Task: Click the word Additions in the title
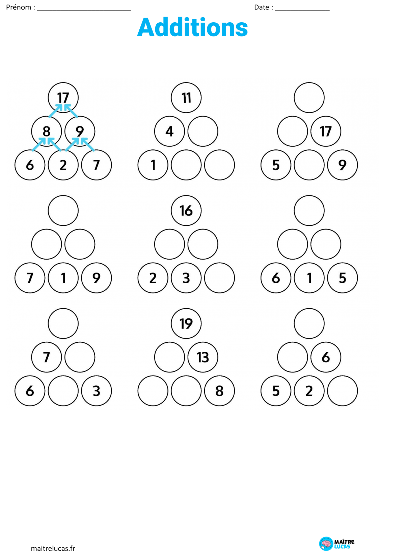(x=192, y=27)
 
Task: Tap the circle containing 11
(x=186, y=98)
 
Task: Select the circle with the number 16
(x=186, y=210)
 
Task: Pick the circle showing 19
(x=186, y=323)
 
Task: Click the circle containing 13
(x=203, y=357)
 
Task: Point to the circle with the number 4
(x=169, y=131)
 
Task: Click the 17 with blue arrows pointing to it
(x=63, y=98)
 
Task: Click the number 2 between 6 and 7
(x=63, y=165)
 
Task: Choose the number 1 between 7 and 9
(x=63, y=278)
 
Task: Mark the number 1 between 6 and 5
(x=309, y=278)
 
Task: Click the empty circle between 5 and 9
(x=309, y=165)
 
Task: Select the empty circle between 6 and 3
(x=63, y=391)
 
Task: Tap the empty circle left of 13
(x=169, y=357)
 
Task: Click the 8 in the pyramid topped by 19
(x=219, y=391)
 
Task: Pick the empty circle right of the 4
(x=203, y=131)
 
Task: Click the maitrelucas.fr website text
(x=53, y=548)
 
